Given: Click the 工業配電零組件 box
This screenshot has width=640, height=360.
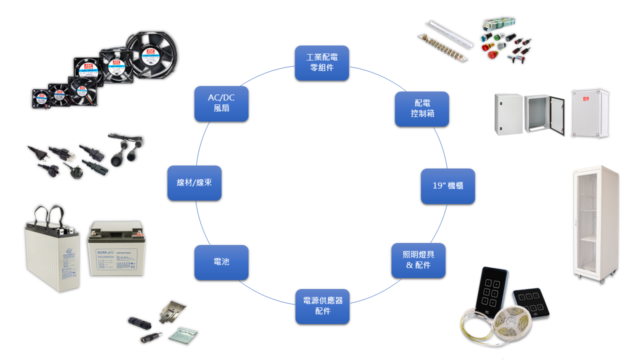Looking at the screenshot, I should pyautogui.click(x=321, y=63).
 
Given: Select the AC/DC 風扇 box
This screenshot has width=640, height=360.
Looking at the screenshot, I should pyautogui.click(x=221, y=103).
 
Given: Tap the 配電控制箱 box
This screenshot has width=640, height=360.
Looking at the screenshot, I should pyautogui.click(x=422, y=109).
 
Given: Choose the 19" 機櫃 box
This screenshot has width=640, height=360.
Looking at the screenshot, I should pyautogui.click(x=447, y=186).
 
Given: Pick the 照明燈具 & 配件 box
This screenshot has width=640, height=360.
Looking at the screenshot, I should pyautogui.click(x=418, y=260).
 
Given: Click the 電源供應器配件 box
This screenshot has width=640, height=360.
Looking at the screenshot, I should pyautogui.click(x=322, y=306).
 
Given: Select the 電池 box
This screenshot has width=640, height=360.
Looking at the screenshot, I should pyautogui.click(x=221, y=262).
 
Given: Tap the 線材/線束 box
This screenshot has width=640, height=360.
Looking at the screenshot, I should pyautogui.click(x=194, y=183).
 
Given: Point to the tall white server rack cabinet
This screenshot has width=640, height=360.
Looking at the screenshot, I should pyautogui.click(x=595, y=222).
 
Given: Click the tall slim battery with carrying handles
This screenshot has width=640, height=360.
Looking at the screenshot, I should pyautogui.click(x=52, y=252).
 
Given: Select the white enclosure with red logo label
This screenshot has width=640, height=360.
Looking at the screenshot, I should pyautogui.click(x=590, y=114).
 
